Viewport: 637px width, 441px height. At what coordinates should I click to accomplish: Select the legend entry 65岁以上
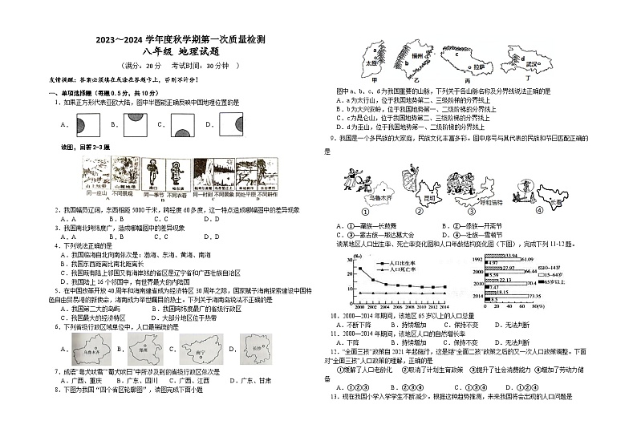pyautogui.click(x=553, y=281)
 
